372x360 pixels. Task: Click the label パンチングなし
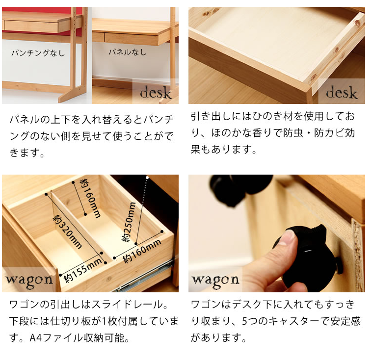(38, 53)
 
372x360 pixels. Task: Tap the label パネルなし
(128, 52)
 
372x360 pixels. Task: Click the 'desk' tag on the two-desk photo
(156, 92)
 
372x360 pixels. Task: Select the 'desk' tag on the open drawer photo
(342, 92)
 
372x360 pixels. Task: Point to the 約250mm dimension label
(129, 222)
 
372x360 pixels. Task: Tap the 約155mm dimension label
(83, 270)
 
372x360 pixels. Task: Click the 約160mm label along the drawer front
(142, 251)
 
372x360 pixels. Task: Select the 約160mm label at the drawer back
(90, 198)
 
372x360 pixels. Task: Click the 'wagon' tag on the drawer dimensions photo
(29, 281)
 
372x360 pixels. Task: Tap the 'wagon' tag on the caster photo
(215, 281)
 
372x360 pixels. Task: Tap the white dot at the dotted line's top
(147, 178)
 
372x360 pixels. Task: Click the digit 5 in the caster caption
(245, 321)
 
